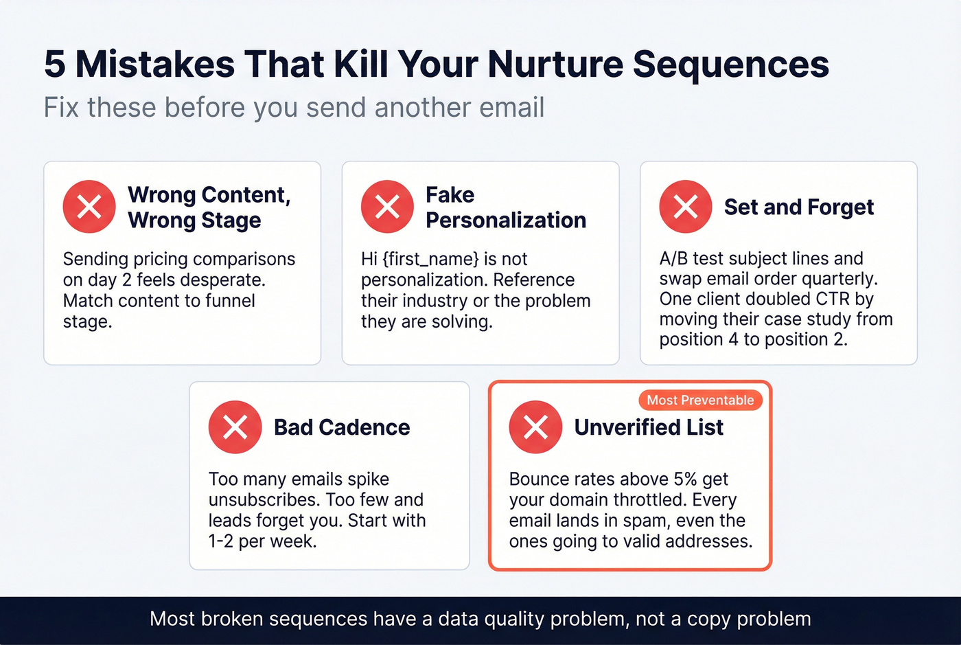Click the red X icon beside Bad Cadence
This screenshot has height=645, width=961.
(235, 427)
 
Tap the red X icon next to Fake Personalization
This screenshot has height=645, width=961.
(387, 207)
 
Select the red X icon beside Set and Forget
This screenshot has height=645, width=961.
(685, 207)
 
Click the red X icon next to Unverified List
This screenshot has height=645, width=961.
(535, 427)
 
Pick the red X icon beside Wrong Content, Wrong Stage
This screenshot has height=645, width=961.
(89, 207)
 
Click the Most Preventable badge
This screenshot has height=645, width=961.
(700, 400)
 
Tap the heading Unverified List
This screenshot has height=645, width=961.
(649, 427)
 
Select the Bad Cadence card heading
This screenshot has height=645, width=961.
(342, 427)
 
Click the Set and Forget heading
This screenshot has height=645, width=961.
(799, 207)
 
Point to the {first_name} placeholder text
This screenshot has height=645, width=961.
(430, 259)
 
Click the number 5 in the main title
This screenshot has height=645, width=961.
(55, 64)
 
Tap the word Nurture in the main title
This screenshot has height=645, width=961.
(555, 64)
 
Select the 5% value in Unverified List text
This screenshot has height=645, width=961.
(685, 479)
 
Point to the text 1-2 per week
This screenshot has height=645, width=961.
(262, 541)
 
